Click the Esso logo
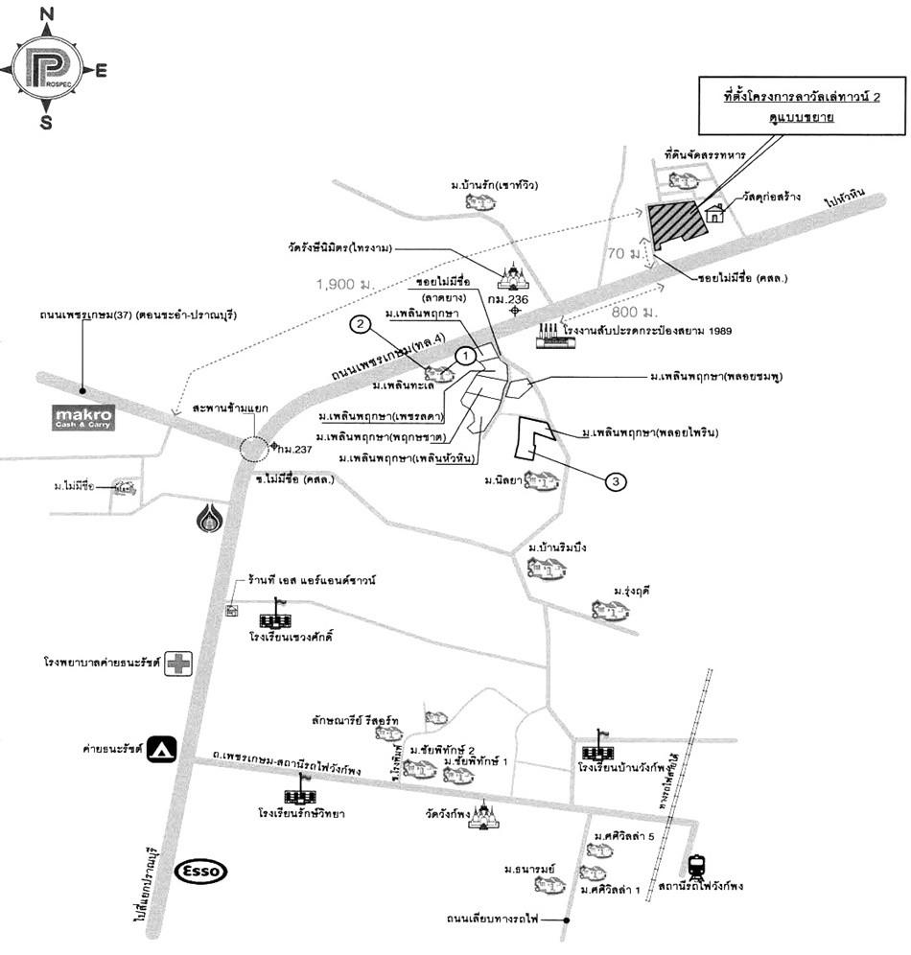coord(202,871)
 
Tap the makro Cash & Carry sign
coord(83,418)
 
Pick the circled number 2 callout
coord(359,325)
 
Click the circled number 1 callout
coord(466,356)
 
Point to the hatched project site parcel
coord(676,226)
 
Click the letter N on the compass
coord(45,14)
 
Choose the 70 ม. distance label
coord(626,254)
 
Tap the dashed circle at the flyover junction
coord(255,449)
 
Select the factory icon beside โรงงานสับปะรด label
coord(551,333)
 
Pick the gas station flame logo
coord(208,518)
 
